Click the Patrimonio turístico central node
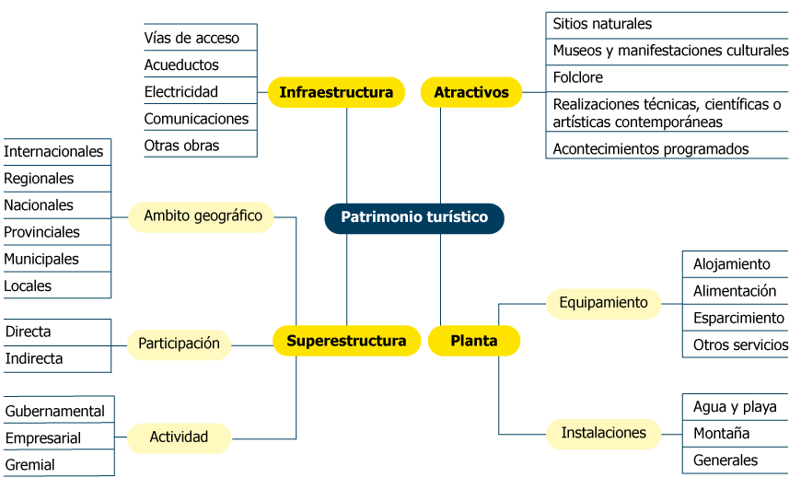[414, 218]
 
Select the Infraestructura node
[336, 92]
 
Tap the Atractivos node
[471, 92]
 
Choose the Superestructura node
[346, 341]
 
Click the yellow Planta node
[474, 341]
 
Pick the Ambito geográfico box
[203, 217]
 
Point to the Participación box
[179, 344]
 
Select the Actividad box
[179, 437]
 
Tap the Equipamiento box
[603, 303]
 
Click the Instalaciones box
[603, 434]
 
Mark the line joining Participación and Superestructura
[252, 345]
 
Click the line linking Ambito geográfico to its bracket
[121, 218]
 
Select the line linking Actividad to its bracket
[121, 437]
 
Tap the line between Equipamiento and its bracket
[672, 304]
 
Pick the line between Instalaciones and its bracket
[672, 434]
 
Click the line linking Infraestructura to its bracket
[262, 92]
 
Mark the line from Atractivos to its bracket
[534, 92]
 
